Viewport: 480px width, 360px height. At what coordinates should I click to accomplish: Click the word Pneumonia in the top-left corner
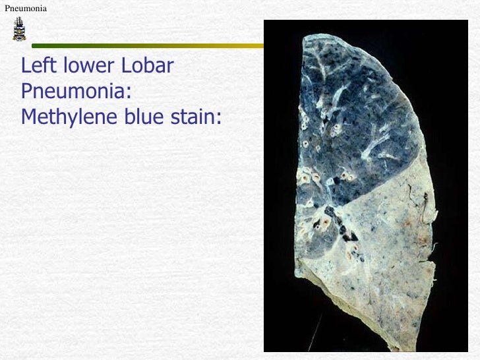(26, 8)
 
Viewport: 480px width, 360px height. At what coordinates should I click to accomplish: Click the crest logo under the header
(18, 30)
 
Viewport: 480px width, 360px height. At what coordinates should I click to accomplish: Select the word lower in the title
(85, 67)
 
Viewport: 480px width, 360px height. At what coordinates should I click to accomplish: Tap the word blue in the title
(143, 117)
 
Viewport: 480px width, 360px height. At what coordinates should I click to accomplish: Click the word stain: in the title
(196, 117)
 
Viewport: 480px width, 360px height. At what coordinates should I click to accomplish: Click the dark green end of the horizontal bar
(40, 46)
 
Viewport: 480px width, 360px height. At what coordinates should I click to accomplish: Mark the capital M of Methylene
(28, 117)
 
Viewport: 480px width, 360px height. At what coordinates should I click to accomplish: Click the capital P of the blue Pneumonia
(27, 91)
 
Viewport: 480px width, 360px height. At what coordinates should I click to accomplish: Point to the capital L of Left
(26, 67)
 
